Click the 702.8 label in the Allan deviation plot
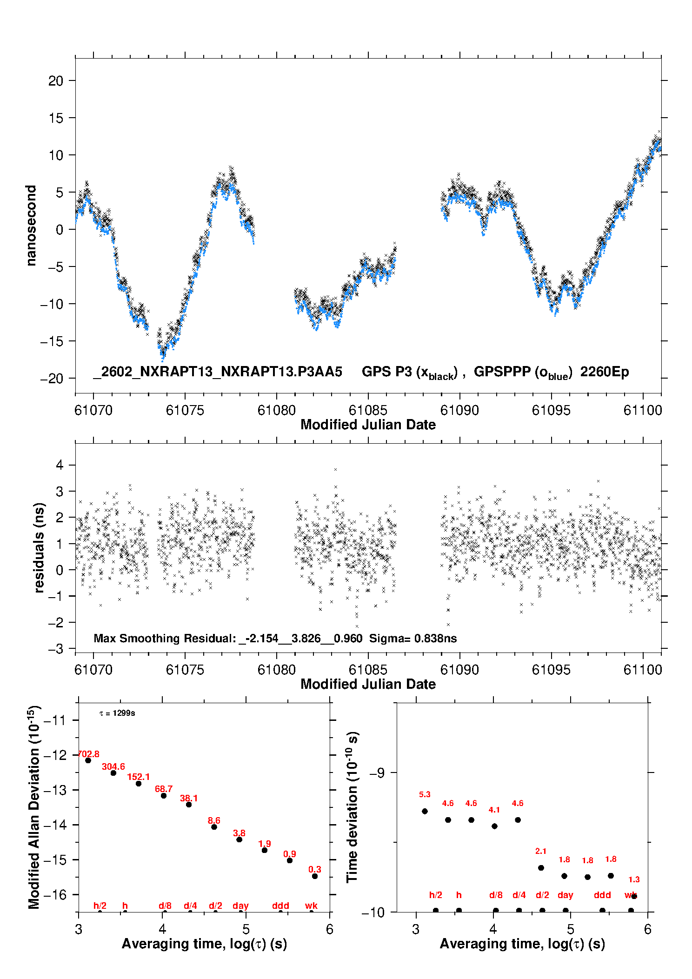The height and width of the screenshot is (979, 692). (88, 754)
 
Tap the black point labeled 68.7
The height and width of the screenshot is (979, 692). (164, 796)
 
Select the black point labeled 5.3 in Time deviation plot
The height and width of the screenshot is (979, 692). (425, 811)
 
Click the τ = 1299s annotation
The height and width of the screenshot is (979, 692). (117, 713)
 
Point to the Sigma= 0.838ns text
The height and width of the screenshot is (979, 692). (413, 638)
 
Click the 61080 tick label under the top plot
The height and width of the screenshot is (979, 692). (277, 410)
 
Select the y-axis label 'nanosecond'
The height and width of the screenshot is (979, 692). (31, 226)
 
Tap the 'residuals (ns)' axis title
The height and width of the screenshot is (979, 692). (40, 547)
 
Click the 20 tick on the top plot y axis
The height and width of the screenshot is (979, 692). (56, 81)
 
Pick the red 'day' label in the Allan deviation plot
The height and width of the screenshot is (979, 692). (240, 906)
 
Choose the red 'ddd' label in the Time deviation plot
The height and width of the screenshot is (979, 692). (602, 895)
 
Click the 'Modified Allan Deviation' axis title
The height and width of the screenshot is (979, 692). (34, 807)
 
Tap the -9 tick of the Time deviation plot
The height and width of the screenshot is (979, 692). (377, 773)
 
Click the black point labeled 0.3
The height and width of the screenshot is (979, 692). (315, 876)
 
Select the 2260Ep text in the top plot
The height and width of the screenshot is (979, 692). (605, 372)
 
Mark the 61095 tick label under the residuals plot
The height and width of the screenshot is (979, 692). (551, 670)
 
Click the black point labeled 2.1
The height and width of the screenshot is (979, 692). (541, 868)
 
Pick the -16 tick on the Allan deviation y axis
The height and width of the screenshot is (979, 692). (54, 894)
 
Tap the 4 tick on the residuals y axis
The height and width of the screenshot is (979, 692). (60, 465)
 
